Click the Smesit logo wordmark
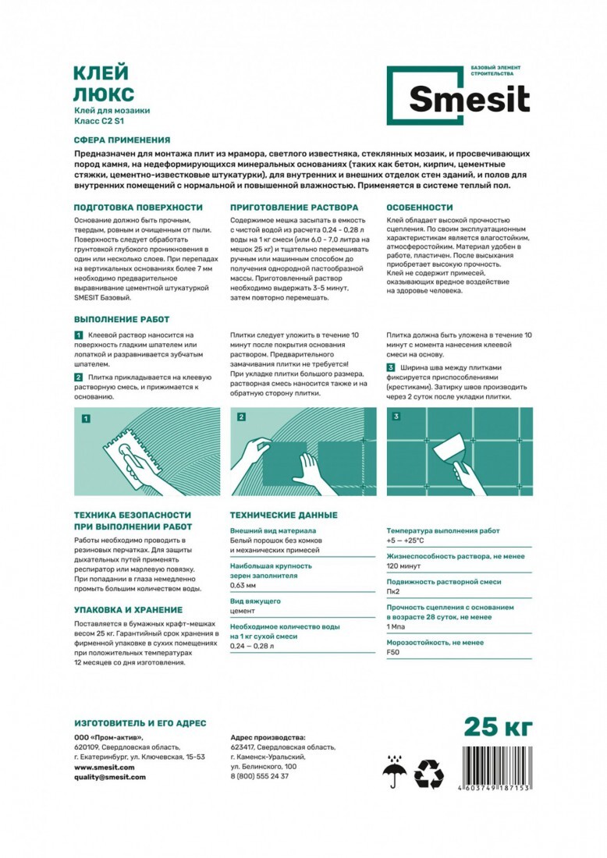point(469,100)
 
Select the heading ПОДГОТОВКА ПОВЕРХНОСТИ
point(138,207)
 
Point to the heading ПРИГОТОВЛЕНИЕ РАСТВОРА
point(294,207)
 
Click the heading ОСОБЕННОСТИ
point(420,207)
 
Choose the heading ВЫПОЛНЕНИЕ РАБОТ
point(121,320)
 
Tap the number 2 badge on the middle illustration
point(242,417)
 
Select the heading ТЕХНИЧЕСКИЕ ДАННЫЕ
point(283,515)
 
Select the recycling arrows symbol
point(428,773)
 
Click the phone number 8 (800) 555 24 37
point(260,776)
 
